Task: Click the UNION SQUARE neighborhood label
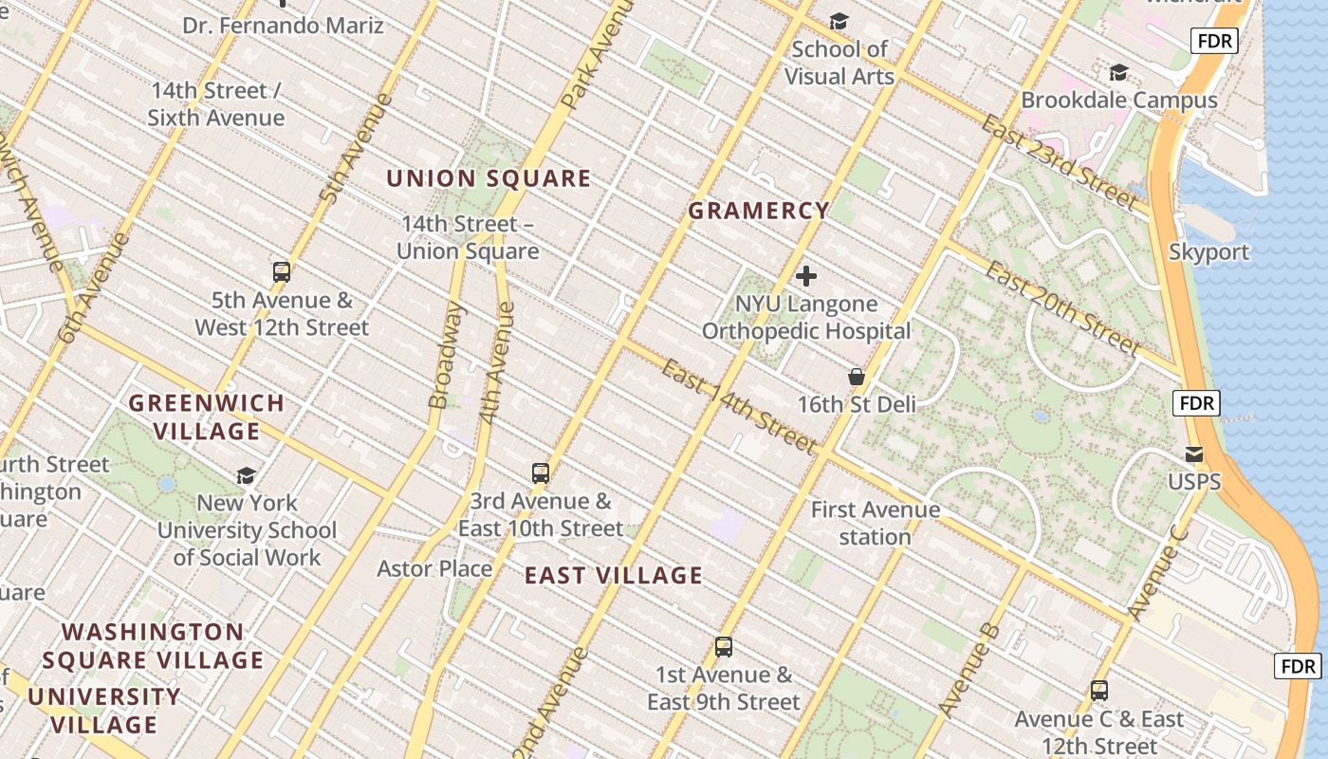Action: (489, 178)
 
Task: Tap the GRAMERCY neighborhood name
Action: (758, 211)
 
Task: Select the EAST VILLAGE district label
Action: (614, 575)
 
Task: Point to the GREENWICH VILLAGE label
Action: (207, 417)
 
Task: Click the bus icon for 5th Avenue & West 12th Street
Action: (282, 272)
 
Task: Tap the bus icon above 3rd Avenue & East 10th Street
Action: (540, 472)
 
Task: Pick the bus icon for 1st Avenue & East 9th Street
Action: (724, 647)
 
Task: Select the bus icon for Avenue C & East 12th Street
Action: (1099, 691)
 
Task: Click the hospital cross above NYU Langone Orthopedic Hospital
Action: (806, 276)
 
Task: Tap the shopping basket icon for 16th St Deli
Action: (857, 377)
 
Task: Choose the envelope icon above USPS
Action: (1194, 454)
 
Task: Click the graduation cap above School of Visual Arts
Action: (839, 21)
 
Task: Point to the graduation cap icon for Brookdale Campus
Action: (1119, 72)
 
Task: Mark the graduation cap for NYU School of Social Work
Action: (247, 475)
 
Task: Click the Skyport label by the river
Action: (1208, 251)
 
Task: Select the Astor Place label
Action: (434, 568)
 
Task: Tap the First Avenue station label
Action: (875, 523)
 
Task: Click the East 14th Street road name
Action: (738, 406)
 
